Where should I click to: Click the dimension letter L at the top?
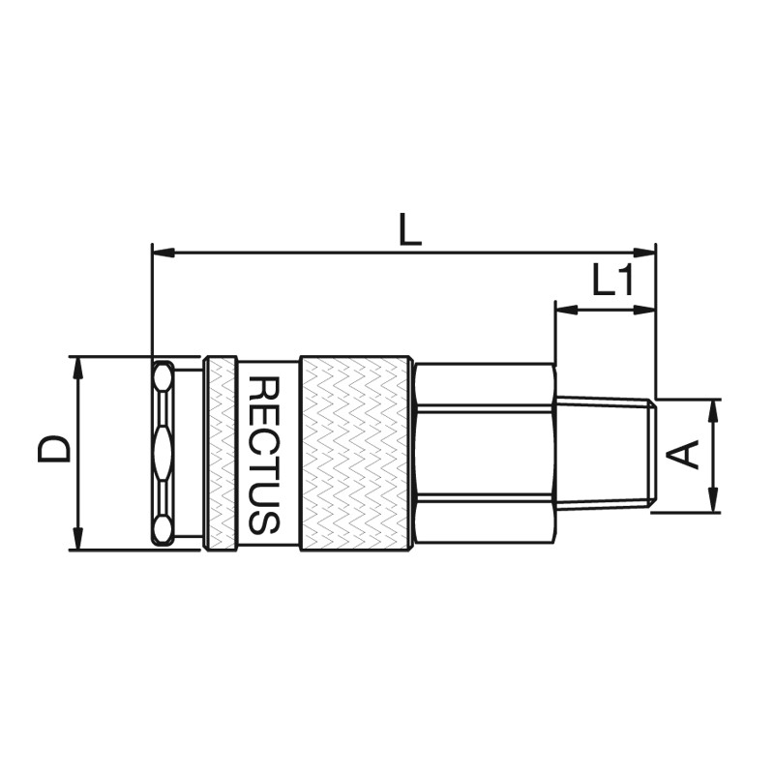tap(409, 229)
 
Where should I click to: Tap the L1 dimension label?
tap(612, 281)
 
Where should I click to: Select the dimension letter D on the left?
tap(54, 448)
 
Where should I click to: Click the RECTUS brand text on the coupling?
tap(264, 455)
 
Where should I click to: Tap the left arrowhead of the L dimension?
tap(164, 253)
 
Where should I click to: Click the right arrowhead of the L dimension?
tap(644, 253)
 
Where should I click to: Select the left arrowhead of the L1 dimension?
tap(567, 310)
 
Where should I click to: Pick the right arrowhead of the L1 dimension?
tap(644, 310)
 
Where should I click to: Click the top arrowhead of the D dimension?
tap(77, 368)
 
